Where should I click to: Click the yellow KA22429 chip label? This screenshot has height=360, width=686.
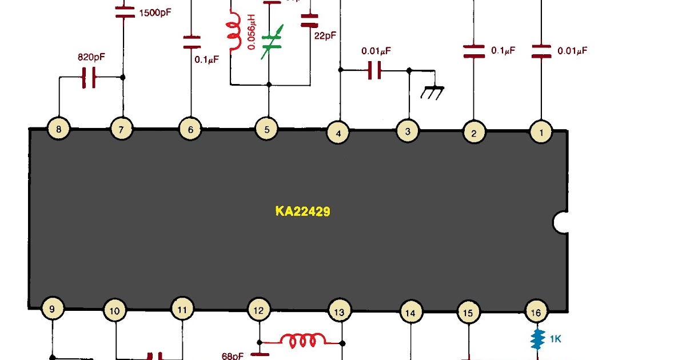(x=302, y=211)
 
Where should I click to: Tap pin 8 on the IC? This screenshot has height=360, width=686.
(x=58, y=130)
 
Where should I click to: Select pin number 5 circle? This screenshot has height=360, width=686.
(x=266, y=130)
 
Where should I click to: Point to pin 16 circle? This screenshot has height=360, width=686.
(x=536, y=312)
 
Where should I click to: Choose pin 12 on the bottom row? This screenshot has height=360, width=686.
(x=258, y=310)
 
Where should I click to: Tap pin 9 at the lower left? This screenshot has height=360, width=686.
(x=53, y=309)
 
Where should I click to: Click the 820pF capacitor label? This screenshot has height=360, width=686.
(x=91, y=58)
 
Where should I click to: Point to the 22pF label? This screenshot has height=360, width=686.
(x=325, y=35)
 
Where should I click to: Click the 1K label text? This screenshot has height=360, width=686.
(x=555, y=339)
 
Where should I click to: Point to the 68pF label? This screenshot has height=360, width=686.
(x=233, y=355)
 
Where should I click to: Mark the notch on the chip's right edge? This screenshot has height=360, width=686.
(x=561, y=222)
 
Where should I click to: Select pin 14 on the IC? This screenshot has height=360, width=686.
(x=410, y=313)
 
